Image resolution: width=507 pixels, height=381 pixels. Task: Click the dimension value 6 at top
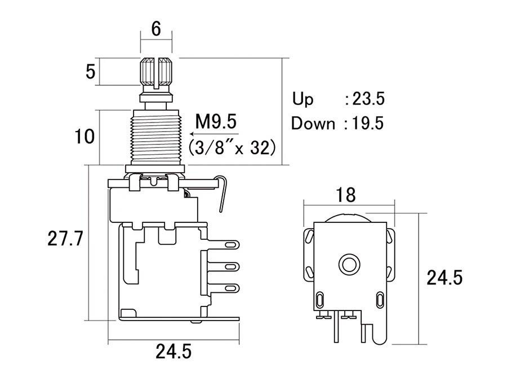coord(156,29)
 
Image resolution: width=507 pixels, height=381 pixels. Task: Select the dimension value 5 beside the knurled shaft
coord(91,72)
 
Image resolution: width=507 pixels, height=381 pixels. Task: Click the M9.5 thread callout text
coord(216,121)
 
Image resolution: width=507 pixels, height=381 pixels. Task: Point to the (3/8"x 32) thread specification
coord(231,147)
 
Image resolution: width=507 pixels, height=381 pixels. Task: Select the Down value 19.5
coord(368,123)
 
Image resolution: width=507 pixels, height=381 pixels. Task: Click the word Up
coord(303,99)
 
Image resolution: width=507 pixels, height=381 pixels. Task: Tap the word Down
coord(313,123)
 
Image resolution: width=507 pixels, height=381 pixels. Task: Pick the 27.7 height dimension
coord(66,239)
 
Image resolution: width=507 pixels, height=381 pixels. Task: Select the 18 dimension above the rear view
coord(346,195)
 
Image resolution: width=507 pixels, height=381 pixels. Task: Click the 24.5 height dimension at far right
coord(444,278)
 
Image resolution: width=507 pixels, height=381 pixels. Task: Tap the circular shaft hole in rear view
coord(348,263)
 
